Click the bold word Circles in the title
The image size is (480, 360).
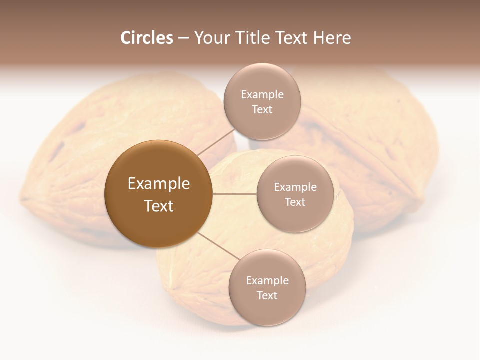146,38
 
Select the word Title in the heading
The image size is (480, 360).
254,38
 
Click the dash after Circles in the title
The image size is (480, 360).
183,38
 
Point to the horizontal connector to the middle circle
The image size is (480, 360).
234,194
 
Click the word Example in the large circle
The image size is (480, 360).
159,184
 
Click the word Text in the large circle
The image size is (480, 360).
159,206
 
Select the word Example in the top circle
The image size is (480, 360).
262,95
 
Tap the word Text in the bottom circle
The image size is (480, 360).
267,296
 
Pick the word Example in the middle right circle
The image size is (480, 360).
295,187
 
